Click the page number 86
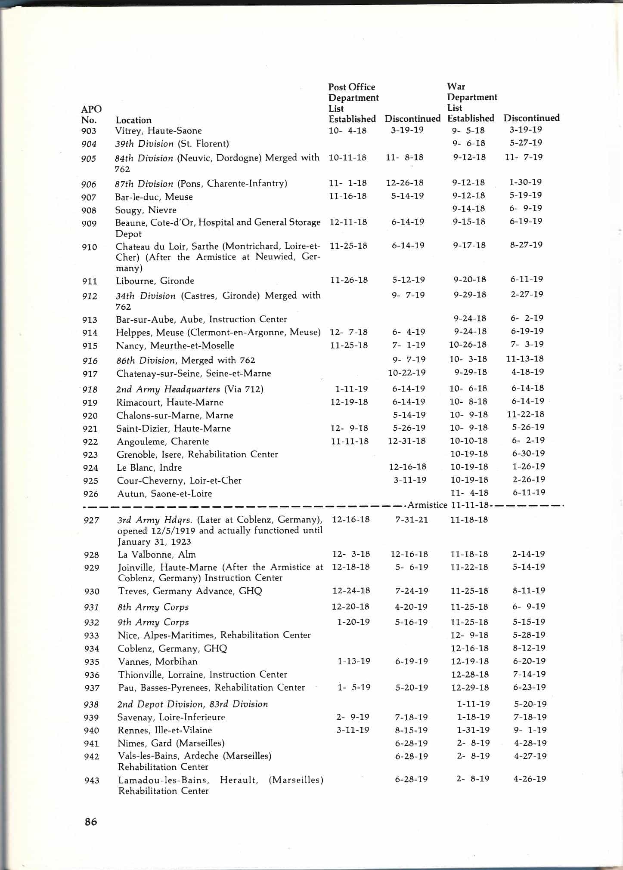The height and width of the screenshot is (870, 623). click(x=91, y=821)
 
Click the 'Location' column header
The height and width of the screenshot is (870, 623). click(x=133, y=120)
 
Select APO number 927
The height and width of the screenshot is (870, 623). click(x=91, y=520)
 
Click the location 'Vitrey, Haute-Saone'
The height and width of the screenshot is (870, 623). click(x=158, y=130)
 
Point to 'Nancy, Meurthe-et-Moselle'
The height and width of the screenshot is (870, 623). click(x=175, y=345)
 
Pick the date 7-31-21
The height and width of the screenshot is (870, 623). click(x=412, y=519)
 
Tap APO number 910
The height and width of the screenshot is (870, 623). click(x=90, y=247)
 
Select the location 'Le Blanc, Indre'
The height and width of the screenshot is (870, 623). click(x=149, y=467)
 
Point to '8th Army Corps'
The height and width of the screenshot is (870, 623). click(x=153, y=607)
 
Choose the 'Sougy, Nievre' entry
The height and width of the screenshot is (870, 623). click(x=146, y=210)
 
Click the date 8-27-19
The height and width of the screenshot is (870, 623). click(x=526, y=245)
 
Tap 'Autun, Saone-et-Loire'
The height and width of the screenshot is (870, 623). click(x=164, y=494)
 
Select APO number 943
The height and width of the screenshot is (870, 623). click(x=92, y=780)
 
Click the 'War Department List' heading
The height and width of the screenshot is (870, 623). click(x=472, y=97)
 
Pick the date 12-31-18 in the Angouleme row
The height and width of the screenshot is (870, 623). click(x=407, y=441)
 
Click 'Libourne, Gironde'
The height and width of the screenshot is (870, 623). click(x=155, y=281)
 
